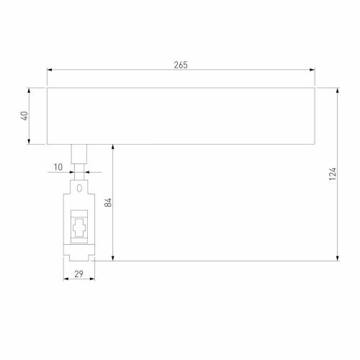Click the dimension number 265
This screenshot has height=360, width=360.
tap(180, 65)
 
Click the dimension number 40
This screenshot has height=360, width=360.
tap(24, 116)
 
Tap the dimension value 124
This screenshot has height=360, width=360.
tap(331, 174)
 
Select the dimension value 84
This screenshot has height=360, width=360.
tap(107, 202)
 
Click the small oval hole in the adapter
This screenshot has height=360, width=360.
tap(79, 189)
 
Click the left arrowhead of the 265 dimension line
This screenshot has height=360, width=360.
tap(50, 71)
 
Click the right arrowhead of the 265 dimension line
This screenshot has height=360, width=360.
tap(312, 71)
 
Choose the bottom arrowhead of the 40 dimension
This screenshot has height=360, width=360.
tap(30, 142)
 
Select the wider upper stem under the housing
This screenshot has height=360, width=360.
tap(79, 153)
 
